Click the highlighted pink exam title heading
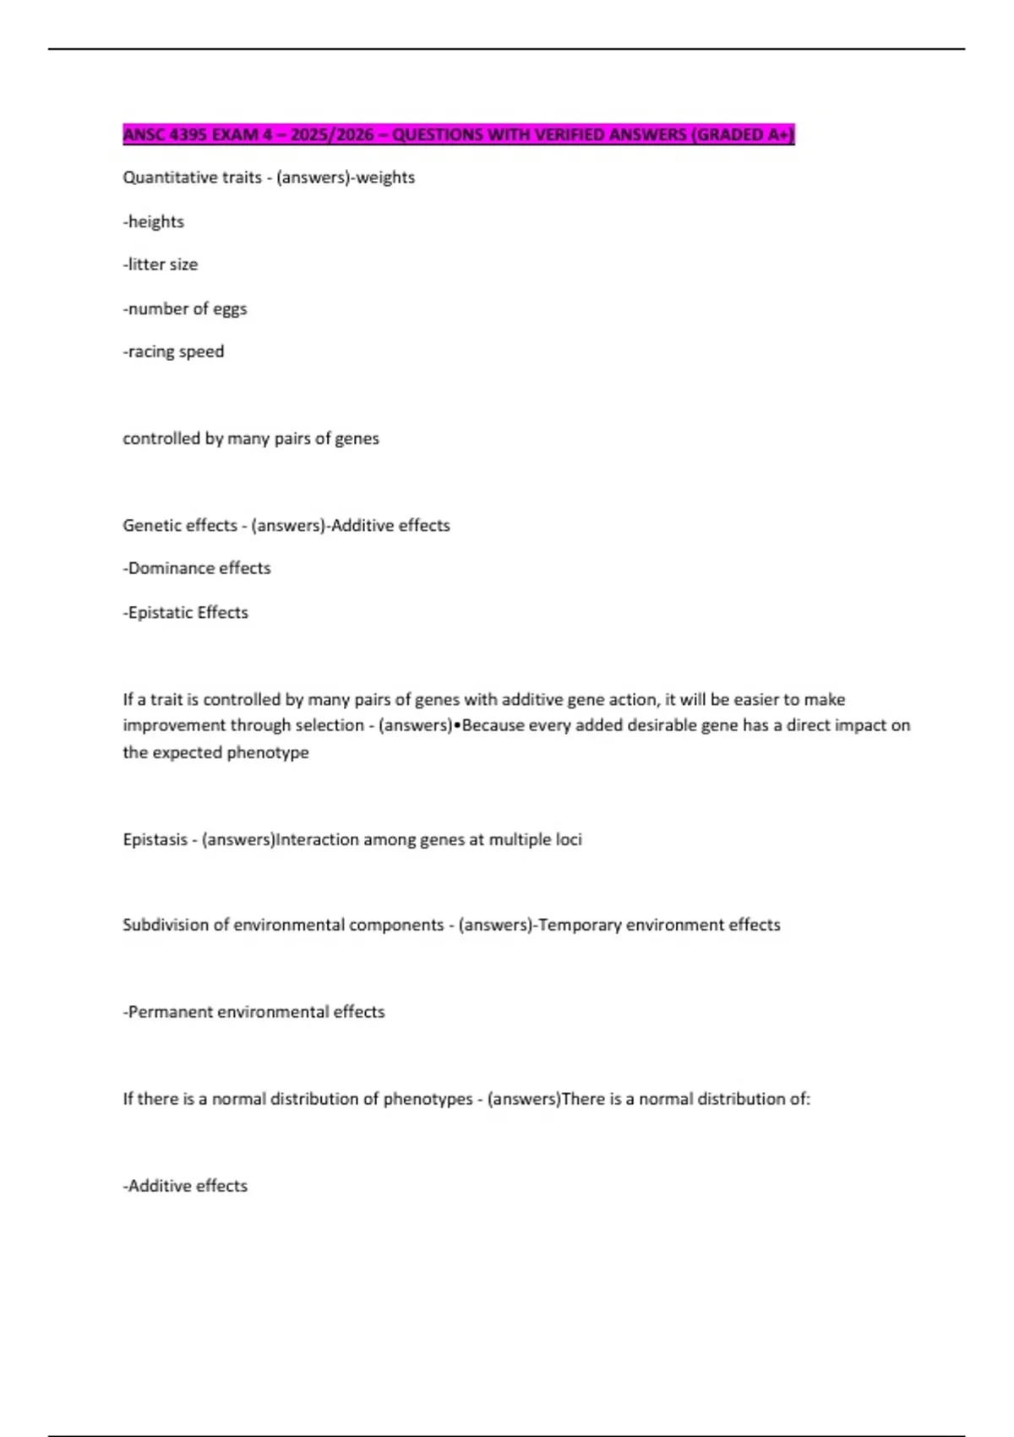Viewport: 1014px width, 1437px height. [458, 135]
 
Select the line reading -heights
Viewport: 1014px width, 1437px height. [154, 221]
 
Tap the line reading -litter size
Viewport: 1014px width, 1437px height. [161, 265]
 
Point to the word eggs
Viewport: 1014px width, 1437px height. [230, 309]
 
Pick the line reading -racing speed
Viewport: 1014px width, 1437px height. [173, 352]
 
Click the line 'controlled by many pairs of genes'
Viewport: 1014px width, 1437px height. [251, 439]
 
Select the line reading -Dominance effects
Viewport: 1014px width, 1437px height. [197, 568]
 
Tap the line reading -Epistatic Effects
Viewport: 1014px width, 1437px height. [186, 613]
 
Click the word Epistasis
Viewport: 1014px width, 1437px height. [155, 839]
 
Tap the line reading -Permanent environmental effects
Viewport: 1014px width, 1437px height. [253, 1012]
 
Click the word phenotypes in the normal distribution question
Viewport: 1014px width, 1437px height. [428, 1099]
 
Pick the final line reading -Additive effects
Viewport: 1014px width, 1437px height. [185, 1186]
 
